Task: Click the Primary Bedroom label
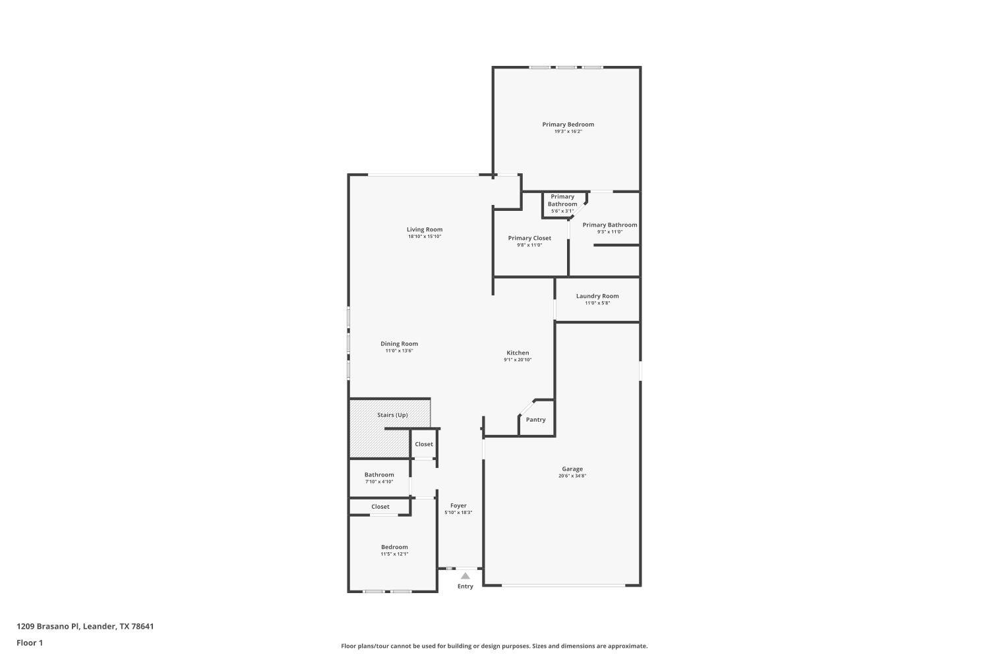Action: point(568,124)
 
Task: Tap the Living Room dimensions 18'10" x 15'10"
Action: point(424,237)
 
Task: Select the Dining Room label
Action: point(399,343)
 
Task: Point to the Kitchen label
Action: point(518,353)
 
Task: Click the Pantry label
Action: point(535,420)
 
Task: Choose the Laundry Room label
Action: point(597,296)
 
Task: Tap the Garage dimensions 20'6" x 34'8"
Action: point(572,476)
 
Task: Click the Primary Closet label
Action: point(529,238)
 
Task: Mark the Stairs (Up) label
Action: point(392,415)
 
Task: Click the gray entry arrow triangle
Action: point(465,576)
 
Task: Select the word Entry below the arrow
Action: point(465,587)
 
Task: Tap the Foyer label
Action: point(458,505)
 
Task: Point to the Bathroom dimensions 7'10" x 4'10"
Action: point(379,482)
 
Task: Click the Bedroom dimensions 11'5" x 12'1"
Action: point(394,554)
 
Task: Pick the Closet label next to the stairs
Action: point(424,444)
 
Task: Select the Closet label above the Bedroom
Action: point(380,507)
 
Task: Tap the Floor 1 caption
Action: point(30,643)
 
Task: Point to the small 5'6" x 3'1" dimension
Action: point(562,211)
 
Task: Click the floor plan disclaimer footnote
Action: point(494,646)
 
